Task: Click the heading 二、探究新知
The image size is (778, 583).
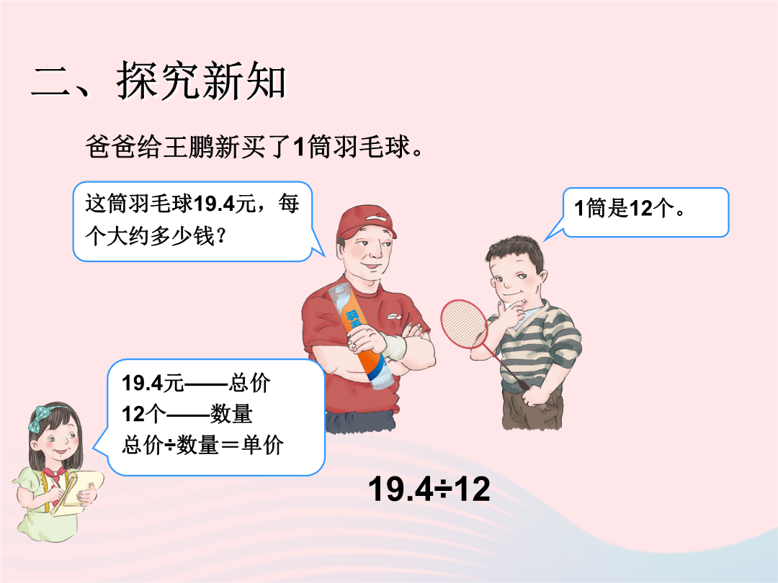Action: tap(158, 81)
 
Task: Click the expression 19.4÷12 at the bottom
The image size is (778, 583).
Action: tap(429, 489)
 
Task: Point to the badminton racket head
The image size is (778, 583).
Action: tap(465, 324)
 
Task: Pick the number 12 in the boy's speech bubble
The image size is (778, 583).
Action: tap(641, 208)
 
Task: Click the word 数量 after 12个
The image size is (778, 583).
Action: tap(231, 413)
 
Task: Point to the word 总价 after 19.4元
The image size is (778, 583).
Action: tap(249, 383)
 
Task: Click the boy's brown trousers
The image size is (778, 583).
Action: tap(532, 409)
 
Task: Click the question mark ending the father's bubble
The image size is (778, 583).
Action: tap(221, 236)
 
